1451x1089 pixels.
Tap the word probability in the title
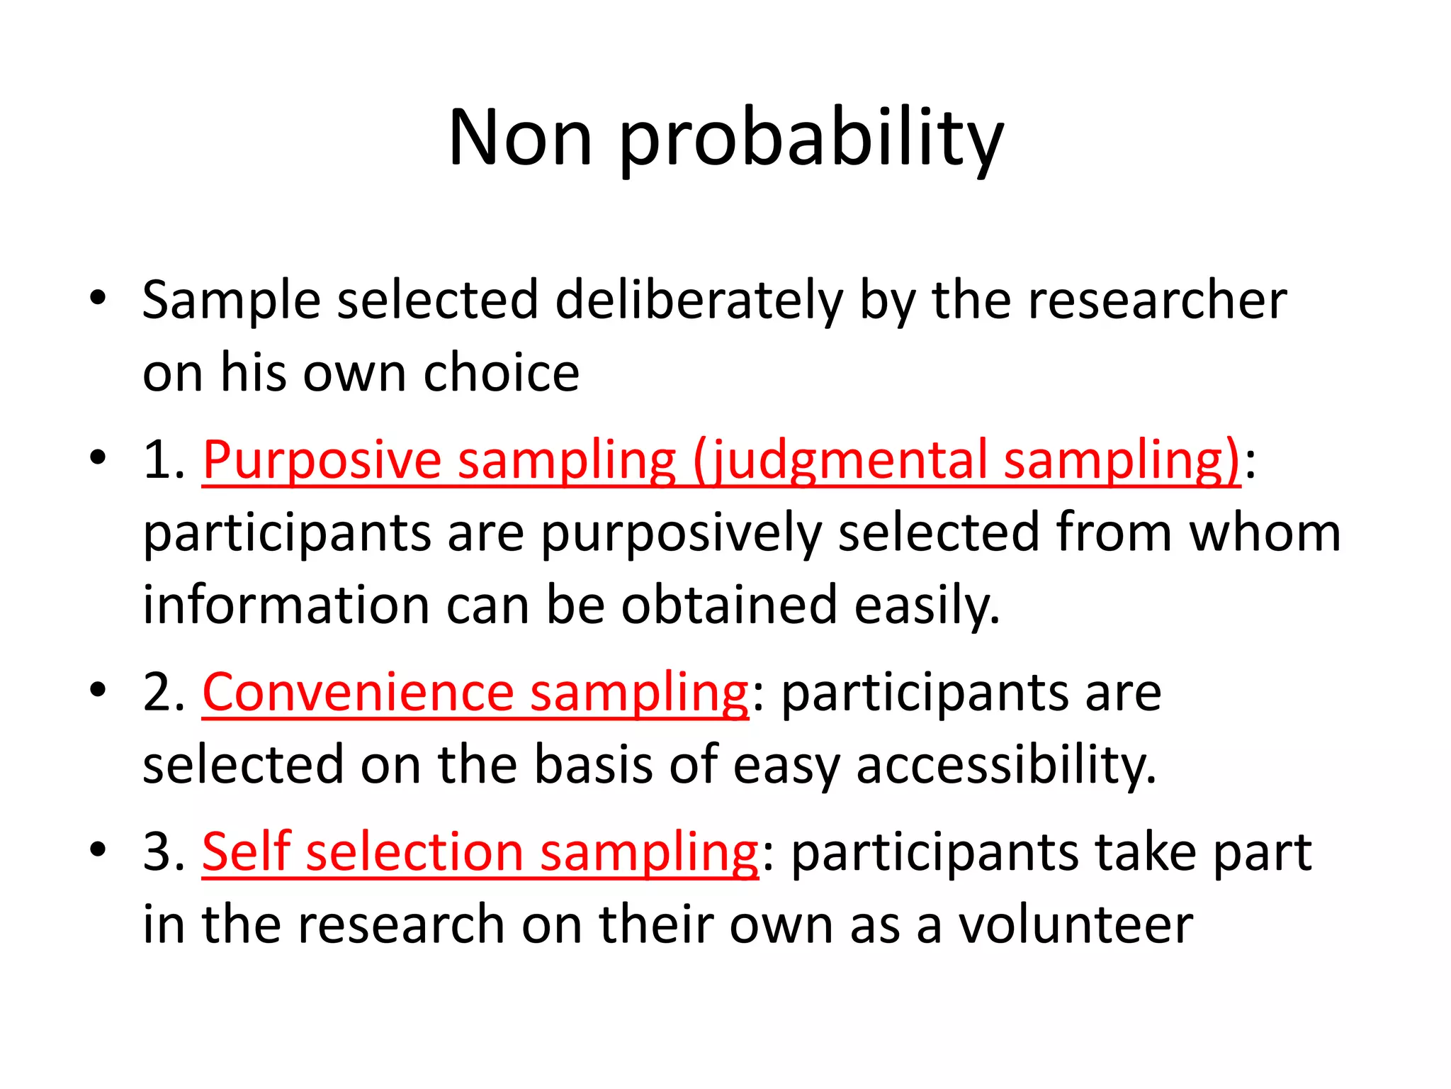[x=811, y=140]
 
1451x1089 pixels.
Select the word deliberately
[x=699, y=301]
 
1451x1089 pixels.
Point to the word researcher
[x=1157, y=301]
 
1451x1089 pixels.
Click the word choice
[x=501, y=373]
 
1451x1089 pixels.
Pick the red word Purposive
[x=322, y=461]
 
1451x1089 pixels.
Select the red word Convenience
[x=358, y=693]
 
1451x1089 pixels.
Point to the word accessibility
[x=1006, y=766]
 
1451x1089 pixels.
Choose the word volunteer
[x=1075, y=925]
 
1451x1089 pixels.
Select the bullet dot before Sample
[x=98, y=298]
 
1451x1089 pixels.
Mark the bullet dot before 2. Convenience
[x=98, y=689]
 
